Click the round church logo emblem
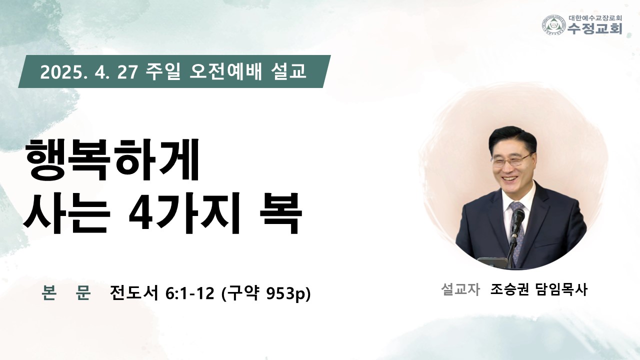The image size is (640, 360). (553, 25)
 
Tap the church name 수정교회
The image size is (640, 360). (594, 28)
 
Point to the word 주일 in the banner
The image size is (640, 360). (163, 71)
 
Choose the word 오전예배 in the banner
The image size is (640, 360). (225, 71)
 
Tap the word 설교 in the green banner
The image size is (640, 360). (288, 71)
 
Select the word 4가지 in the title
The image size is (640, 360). (183, 213)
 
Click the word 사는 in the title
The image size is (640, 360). (66, 213)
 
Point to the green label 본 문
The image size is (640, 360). (66, 292)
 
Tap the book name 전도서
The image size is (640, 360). (134, 292)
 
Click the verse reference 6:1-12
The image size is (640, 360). (190, 293)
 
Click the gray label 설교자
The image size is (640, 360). (460, 289)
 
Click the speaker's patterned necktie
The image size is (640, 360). (517, 228)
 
